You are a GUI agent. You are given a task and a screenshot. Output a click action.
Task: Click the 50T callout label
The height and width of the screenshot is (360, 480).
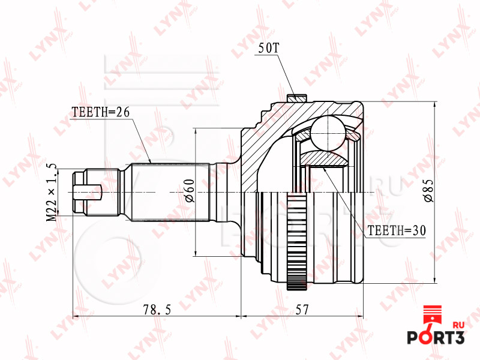269,48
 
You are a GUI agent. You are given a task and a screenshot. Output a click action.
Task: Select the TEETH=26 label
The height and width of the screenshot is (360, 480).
101,112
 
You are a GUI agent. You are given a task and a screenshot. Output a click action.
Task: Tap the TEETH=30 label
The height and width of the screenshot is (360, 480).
397,230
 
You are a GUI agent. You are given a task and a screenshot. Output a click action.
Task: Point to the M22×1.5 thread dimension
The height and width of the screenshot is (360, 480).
52,192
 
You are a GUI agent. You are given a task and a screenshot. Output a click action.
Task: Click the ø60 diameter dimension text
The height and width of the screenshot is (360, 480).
190,191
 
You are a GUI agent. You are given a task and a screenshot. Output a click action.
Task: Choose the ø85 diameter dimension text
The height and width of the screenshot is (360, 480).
428,190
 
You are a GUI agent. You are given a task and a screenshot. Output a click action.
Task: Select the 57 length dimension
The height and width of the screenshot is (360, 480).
302,310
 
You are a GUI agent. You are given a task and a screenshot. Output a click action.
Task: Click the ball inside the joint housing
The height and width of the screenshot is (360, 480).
328,133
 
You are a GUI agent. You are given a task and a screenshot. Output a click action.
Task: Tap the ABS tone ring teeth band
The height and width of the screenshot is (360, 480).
297,241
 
